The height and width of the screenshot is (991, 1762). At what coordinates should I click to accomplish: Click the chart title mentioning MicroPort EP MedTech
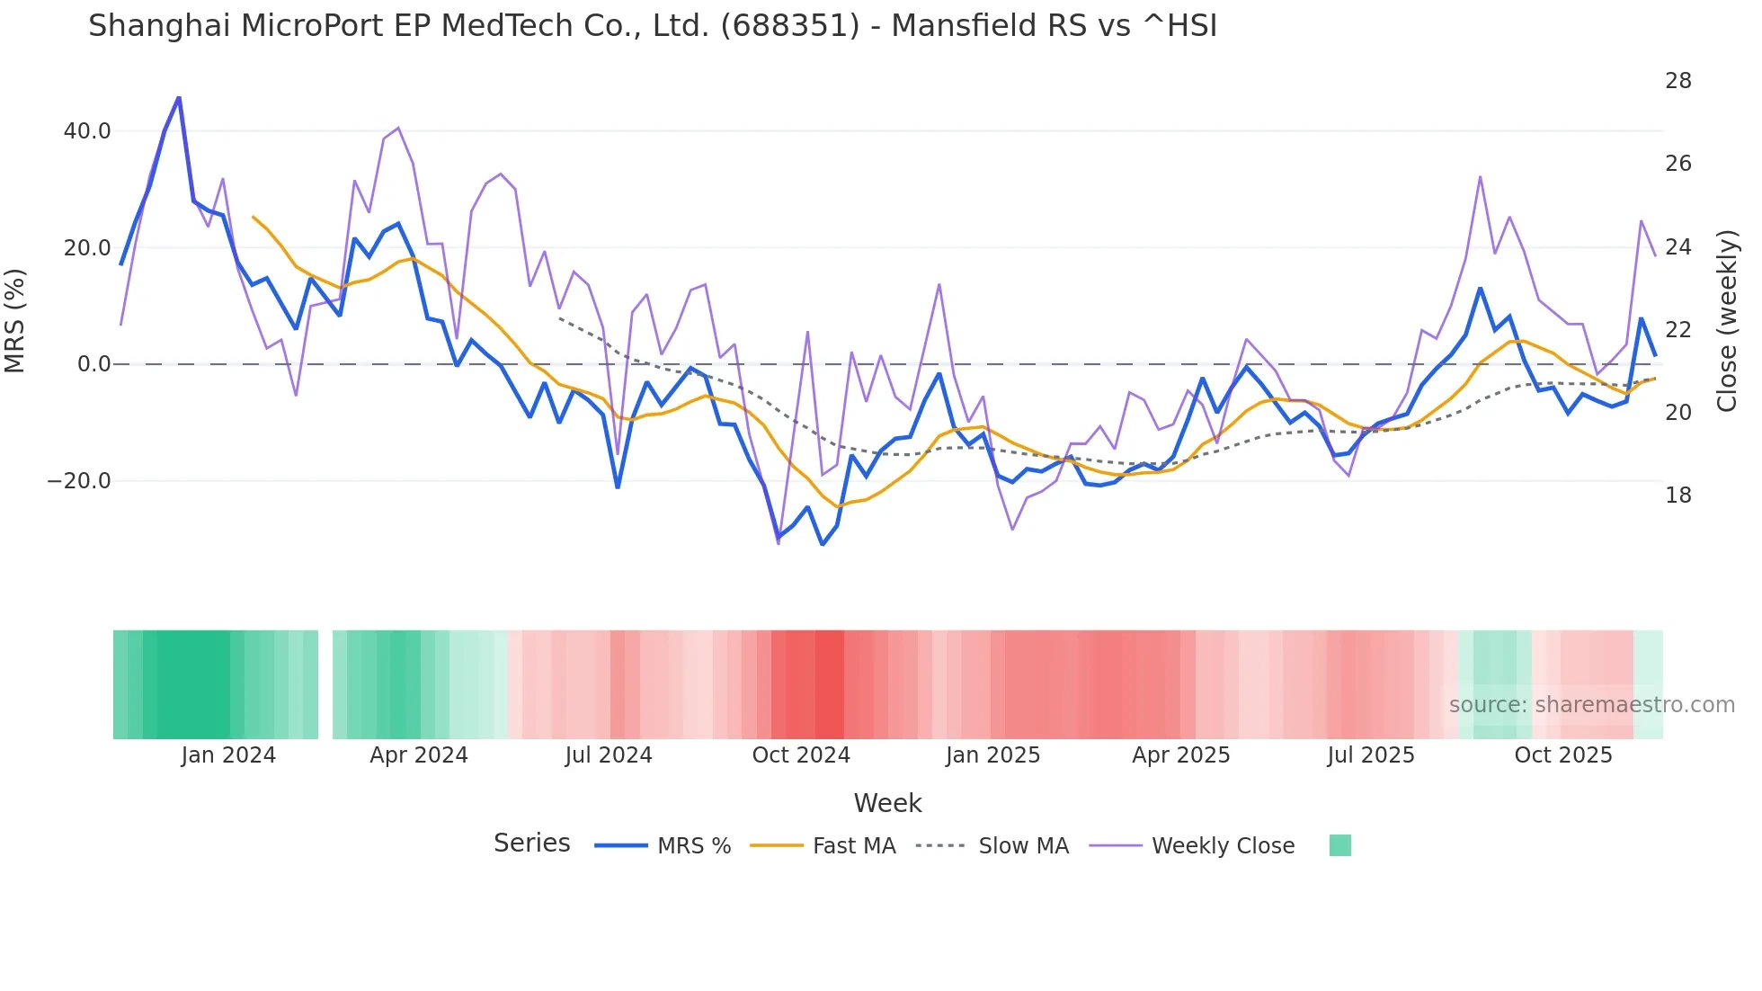tap(653, 25)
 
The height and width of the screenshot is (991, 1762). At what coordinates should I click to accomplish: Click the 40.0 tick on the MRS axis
tap(87, 131)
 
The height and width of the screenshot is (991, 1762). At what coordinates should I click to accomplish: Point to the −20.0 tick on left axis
tap(79, 481)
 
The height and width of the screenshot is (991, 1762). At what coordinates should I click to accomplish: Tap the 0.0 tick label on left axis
tap(93, 364)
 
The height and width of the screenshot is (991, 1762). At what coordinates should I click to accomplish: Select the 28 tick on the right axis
tap(1677, 81)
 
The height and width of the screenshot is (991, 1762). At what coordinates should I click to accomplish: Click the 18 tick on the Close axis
tap(1677, 495)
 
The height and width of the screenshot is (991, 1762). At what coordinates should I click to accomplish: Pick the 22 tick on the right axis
tap(1677, 330)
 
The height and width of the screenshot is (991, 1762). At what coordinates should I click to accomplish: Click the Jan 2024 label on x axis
tap(228, 755)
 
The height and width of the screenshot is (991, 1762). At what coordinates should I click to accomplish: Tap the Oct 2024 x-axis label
tap(801, 755)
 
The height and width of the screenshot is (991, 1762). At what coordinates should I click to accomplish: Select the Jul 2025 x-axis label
tap(1371, 755)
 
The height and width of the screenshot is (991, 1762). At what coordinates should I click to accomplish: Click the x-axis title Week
tap(887, 803)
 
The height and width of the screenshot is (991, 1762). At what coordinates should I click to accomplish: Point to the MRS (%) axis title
tap(15, 320)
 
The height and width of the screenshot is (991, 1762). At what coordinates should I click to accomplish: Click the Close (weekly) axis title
tap(1727, 321)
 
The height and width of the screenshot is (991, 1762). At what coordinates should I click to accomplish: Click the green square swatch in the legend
tap(1339, 845)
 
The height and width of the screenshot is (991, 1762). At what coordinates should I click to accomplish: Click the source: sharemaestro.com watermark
tap(1591, 705)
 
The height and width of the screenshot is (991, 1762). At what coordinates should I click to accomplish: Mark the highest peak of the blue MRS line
tap(178, 98)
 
